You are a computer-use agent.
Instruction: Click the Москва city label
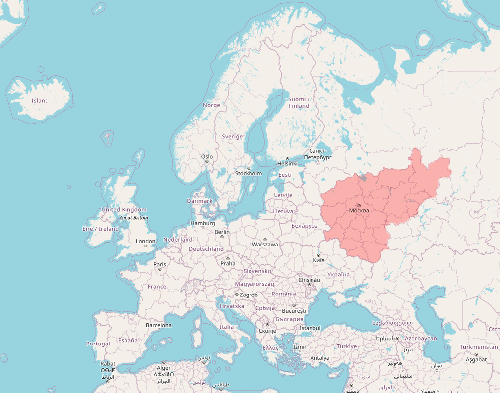(359, 211)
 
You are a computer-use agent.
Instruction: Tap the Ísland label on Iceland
(40, 101)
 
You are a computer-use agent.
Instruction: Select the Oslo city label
(207, 157)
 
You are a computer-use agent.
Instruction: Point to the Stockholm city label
(249, 174)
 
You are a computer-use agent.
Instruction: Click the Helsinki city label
(287, 164)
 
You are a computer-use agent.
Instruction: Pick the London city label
(146, 242)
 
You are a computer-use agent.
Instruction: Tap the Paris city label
(160, 264)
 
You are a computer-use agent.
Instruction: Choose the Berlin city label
(222, 232)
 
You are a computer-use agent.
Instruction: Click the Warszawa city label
(265, 244)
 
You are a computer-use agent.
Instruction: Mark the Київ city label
(319, 260)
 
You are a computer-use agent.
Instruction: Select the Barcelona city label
(159, 325)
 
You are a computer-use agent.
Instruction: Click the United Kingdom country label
(124, 210)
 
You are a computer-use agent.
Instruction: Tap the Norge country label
(211, 105)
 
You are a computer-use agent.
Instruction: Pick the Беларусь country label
(304, 226)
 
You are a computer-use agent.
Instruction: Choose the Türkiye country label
(347, 346)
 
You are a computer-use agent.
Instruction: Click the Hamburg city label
(202, 223)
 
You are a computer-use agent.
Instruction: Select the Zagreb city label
(249, 295)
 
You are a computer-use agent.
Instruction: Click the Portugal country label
(98, 344)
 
